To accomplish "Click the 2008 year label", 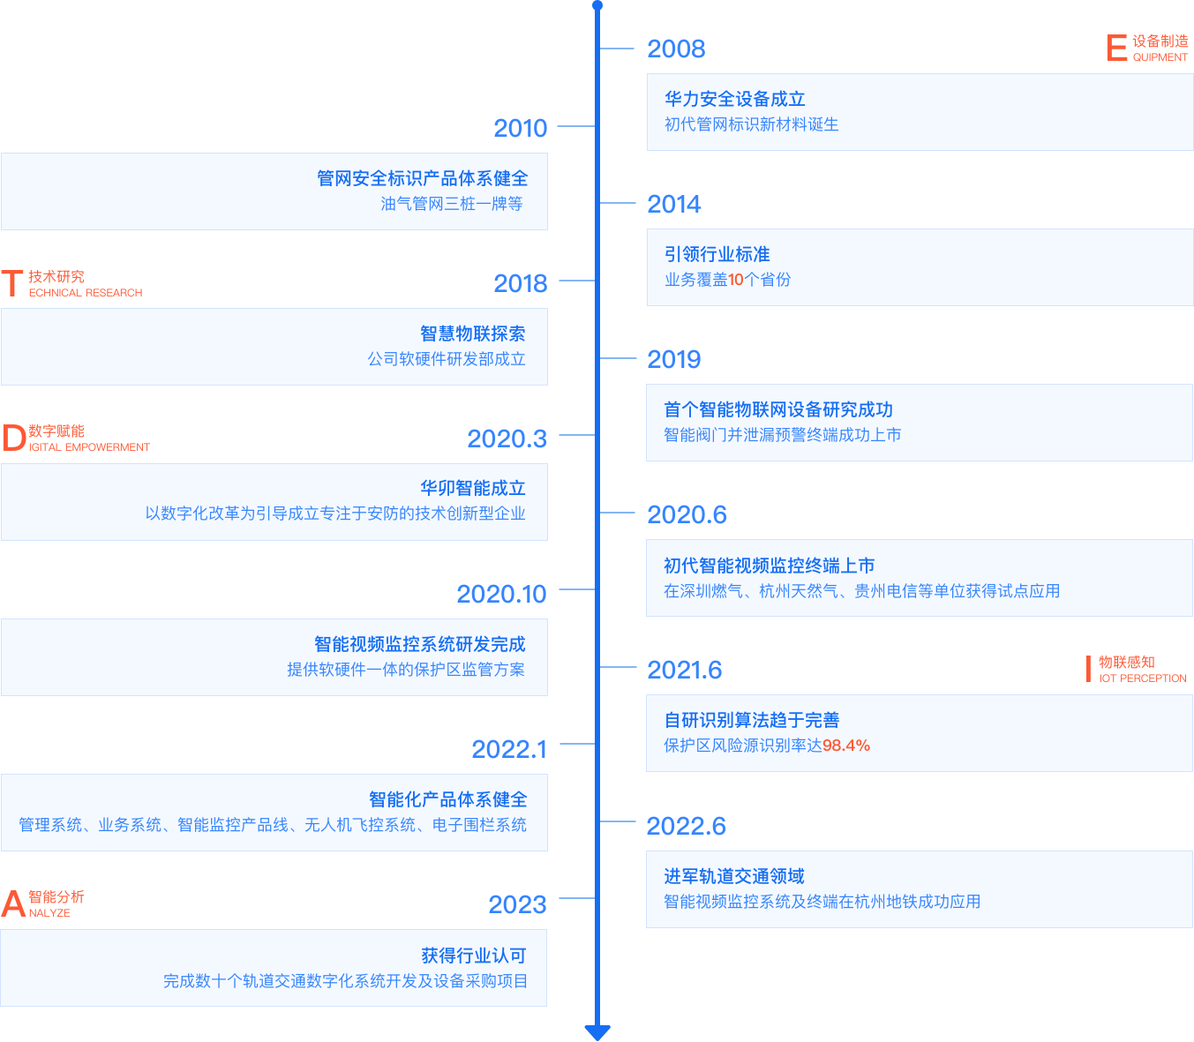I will [x=676, y=49].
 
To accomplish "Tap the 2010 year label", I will [x=520, y=128].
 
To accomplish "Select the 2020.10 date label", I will [x=501, y=594].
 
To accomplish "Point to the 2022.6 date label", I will [x=686, y=826].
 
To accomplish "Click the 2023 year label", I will [x=517, y=904].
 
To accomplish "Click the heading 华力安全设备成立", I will [x=734, y=99].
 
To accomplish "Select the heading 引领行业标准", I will [x=717, y=254].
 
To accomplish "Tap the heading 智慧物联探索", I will [x=472, y=334].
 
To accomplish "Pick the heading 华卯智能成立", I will [x=472, y=488].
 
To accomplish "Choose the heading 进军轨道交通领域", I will [x=733, y=876].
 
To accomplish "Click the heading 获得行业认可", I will [x=473, y=956].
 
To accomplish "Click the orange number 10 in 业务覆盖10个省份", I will [x=736, y=280].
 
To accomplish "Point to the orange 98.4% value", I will [x=846, y=746].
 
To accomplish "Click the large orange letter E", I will [x=1116, y=48].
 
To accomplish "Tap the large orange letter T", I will [x=12, y=283].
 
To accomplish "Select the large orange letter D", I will [x=13, y=438].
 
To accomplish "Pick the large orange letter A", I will [x=13, y=903].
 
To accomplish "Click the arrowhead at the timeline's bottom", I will [x=597, y=1031].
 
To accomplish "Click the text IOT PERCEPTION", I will [x=1142, y=678].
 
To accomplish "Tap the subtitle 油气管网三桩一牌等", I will [x=452, y=204].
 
